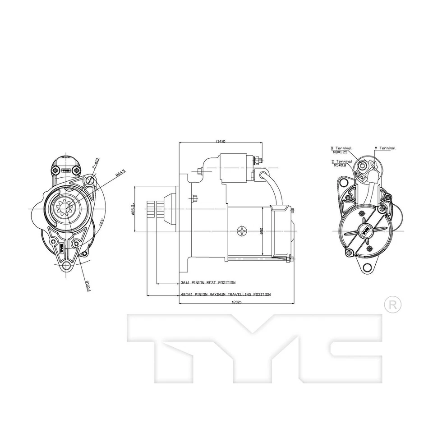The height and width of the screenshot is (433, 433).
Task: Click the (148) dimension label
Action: click(220, 141)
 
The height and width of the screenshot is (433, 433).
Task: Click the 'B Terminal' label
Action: click(341, 148)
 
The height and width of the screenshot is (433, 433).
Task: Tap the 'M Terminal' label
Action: click(384, 148)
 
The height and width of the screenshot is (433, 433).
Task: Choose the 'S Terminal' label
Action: click(341, 161)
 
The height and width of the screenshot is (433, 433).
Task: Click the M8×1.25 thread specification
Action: click(341, 152)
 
